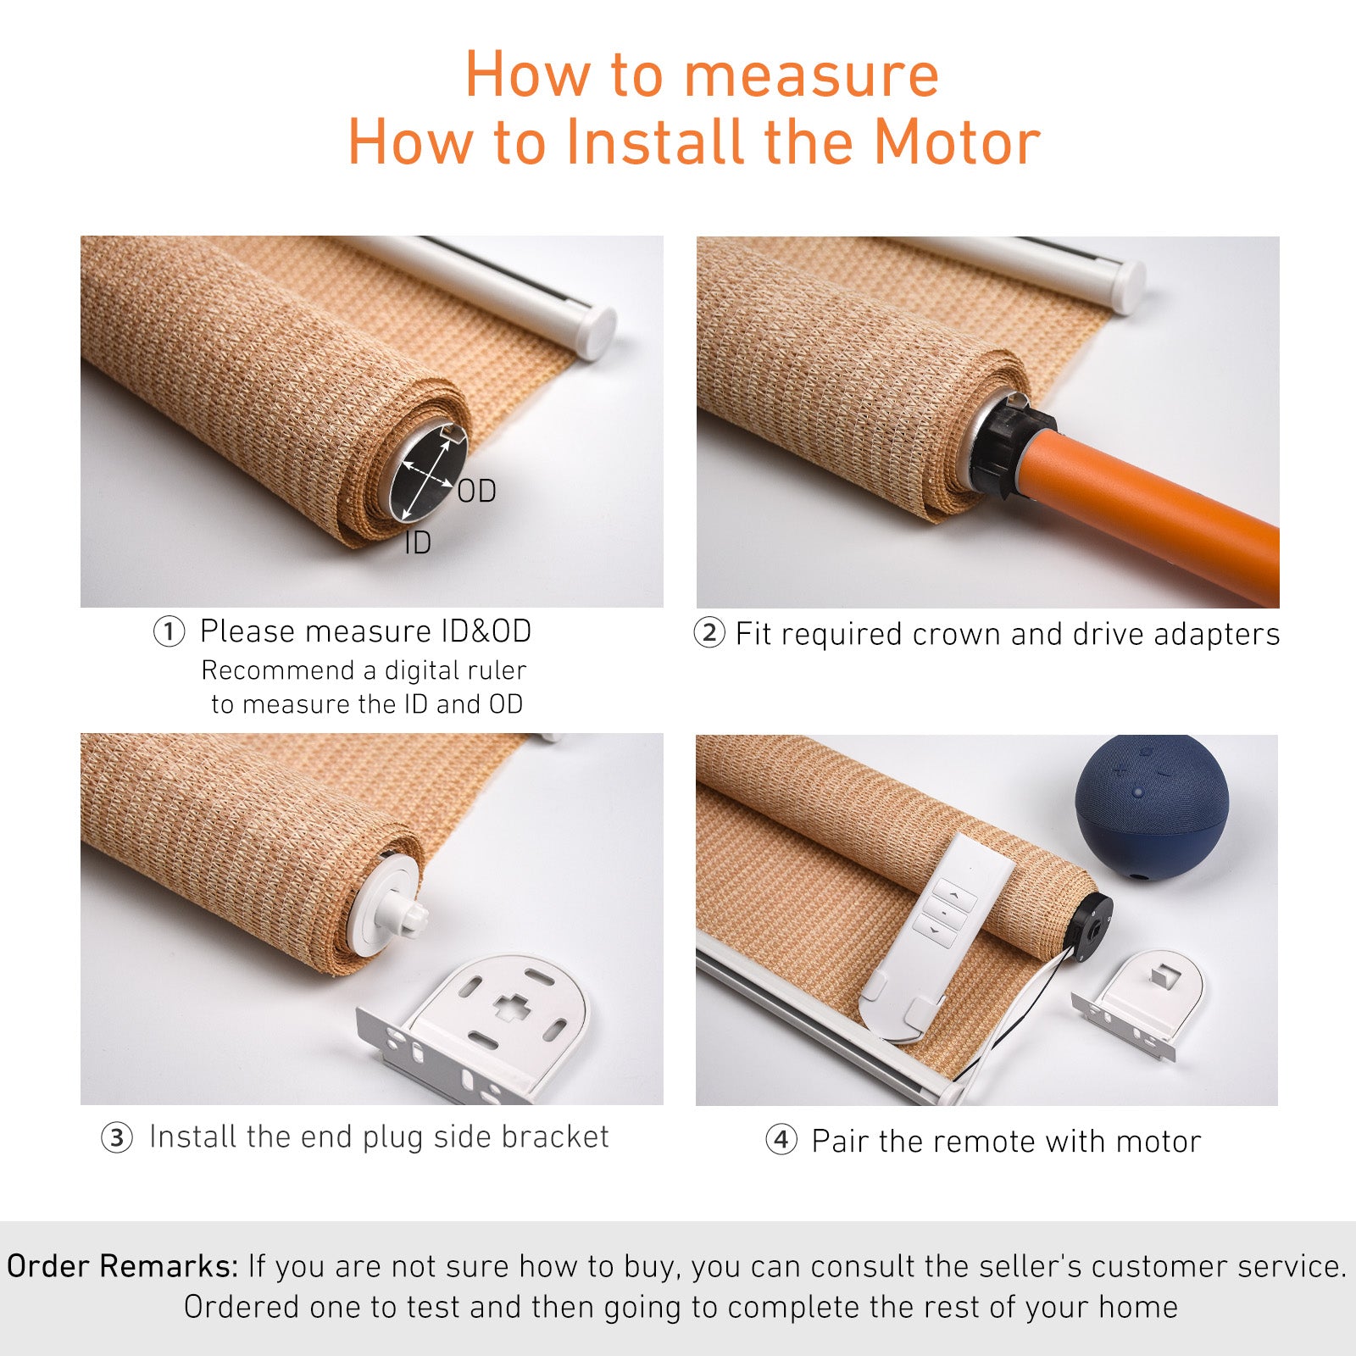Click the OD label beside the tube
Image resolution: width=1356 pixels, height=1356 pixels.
pos(476,492)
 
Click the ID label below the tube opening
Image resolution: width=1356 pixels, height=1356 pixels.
pos(417,543)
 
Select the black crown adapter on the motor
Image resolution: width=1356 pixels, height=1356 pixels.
pos(1009,449)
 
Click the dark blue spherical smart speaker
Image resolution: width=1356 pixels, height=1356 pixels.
pos(1151,809)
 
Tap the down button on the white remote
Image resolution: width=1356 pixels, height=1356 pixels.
pos(935,931)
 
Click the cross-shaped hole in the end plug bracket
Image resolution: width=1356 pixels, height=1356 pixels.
pos(509,1007)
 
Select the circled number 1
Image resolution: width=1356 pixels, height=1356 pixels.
pos(169,632)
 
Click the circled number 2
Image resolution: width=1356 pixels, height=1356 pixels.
pos(709,633)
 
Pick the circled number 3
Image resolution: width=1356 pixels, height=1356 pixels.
pos(117,1137)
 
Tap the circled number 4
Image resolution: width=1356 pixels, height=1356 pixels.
pos(781,1140)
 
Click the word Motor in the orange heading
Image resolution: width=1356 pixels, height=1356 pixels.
pos(957,142)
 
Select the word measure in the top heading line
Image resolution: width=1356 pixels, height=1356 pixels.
pos(811,75)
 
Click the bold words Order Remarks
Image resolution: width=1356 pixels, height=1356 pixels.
pos(122,1266)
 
